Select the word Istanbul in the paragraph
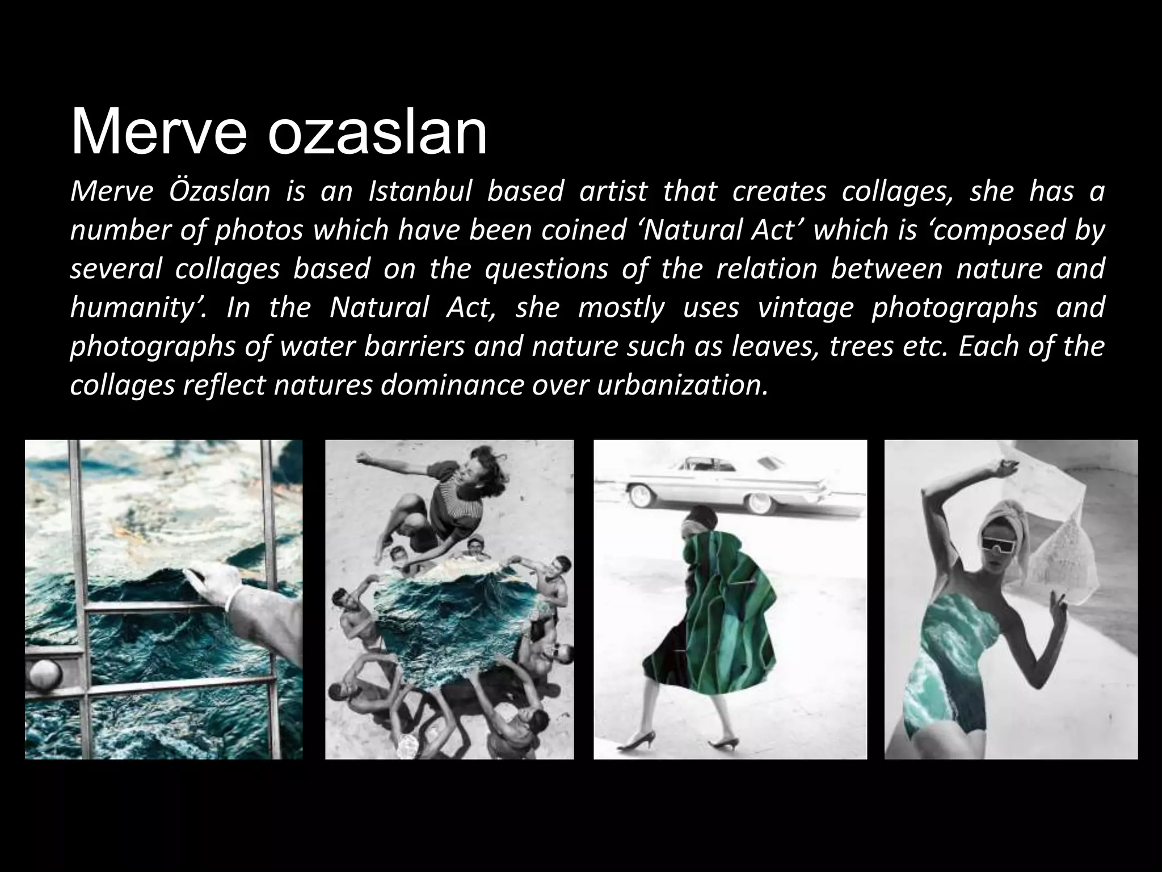[420, 191]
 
